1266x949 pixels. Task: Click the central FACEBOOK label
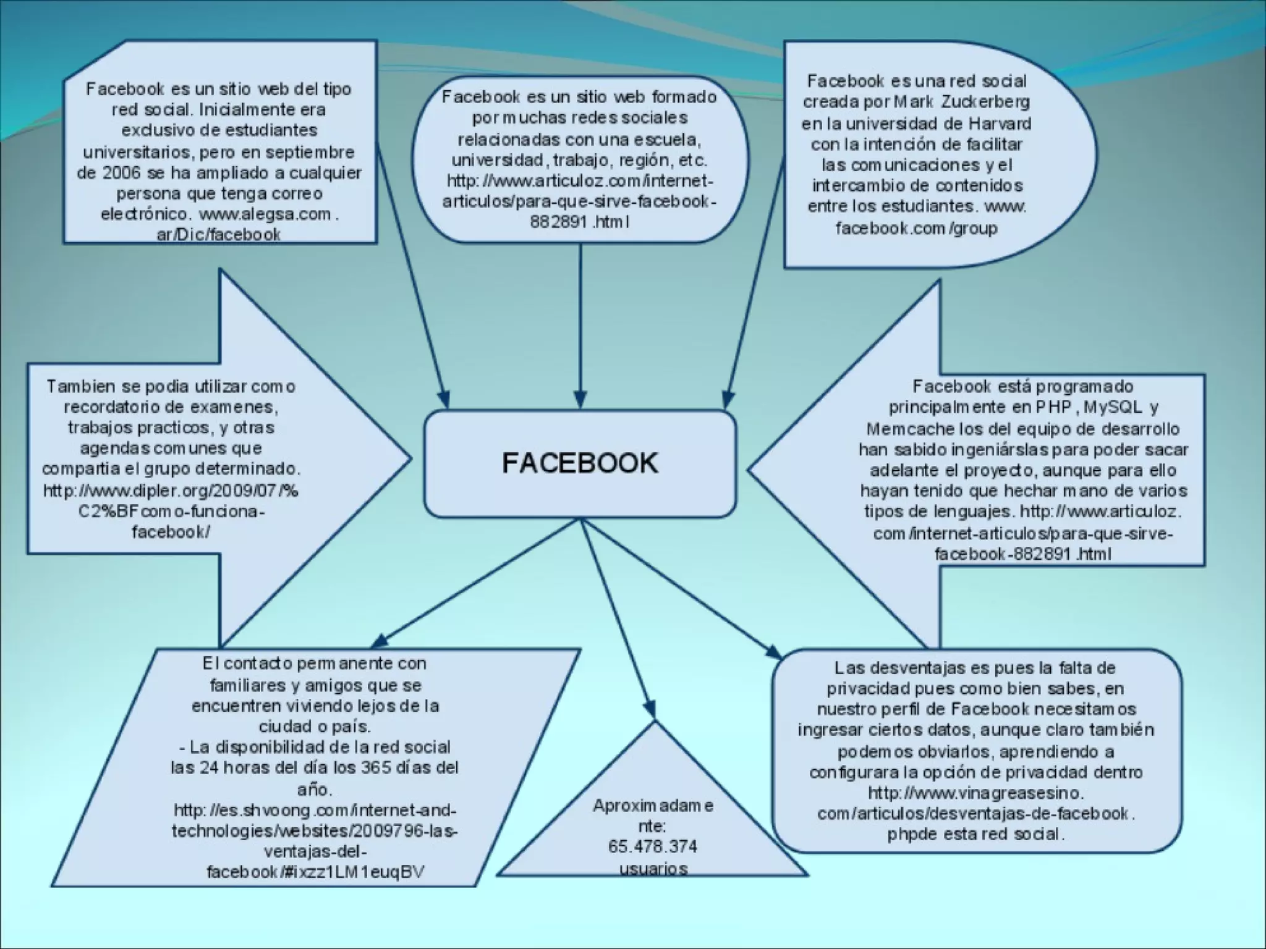pos(580,463)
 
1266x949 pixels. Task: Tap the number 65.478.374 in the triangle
pos(653,846)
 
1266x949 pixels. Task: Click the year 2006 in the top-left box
pos(122,172)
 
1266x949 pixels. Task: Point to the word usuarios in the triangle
pos(653,868)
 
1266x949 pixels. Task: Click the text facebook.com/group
pos(916,228)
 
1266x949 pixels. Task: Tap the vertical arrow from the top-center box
pos(580,321)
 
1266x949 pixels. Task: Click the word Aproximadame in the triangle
pos(653,806)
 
